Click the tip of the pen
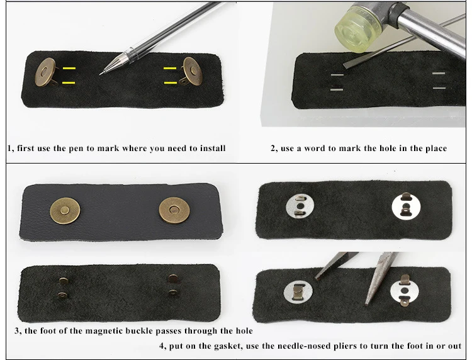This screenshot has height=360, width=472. [100, 74]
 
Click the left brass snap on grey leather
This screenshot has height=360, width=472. [65, 211]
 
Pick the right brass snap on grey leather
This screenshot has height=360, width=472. [174, 210]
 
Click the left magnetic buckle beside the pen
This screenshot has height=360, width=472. [45, 72]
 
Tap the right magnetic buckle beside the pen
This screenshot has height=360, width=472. [193, 71]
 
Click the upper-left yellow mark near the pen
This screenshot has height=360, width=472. [69, 69]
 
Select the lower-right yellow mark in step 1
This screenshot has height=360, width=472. [171, 82]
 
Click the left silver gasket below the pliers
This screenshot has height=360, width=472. [298, 293]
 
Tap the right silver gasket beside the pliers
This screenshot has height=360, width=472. [405, 291]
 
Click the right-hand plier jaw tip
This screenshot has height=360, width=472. [367, 305]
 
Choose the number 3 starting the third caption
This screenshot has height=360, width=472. [17, 331]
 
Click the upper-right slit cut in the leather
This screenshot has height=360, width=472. [439, 73]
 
